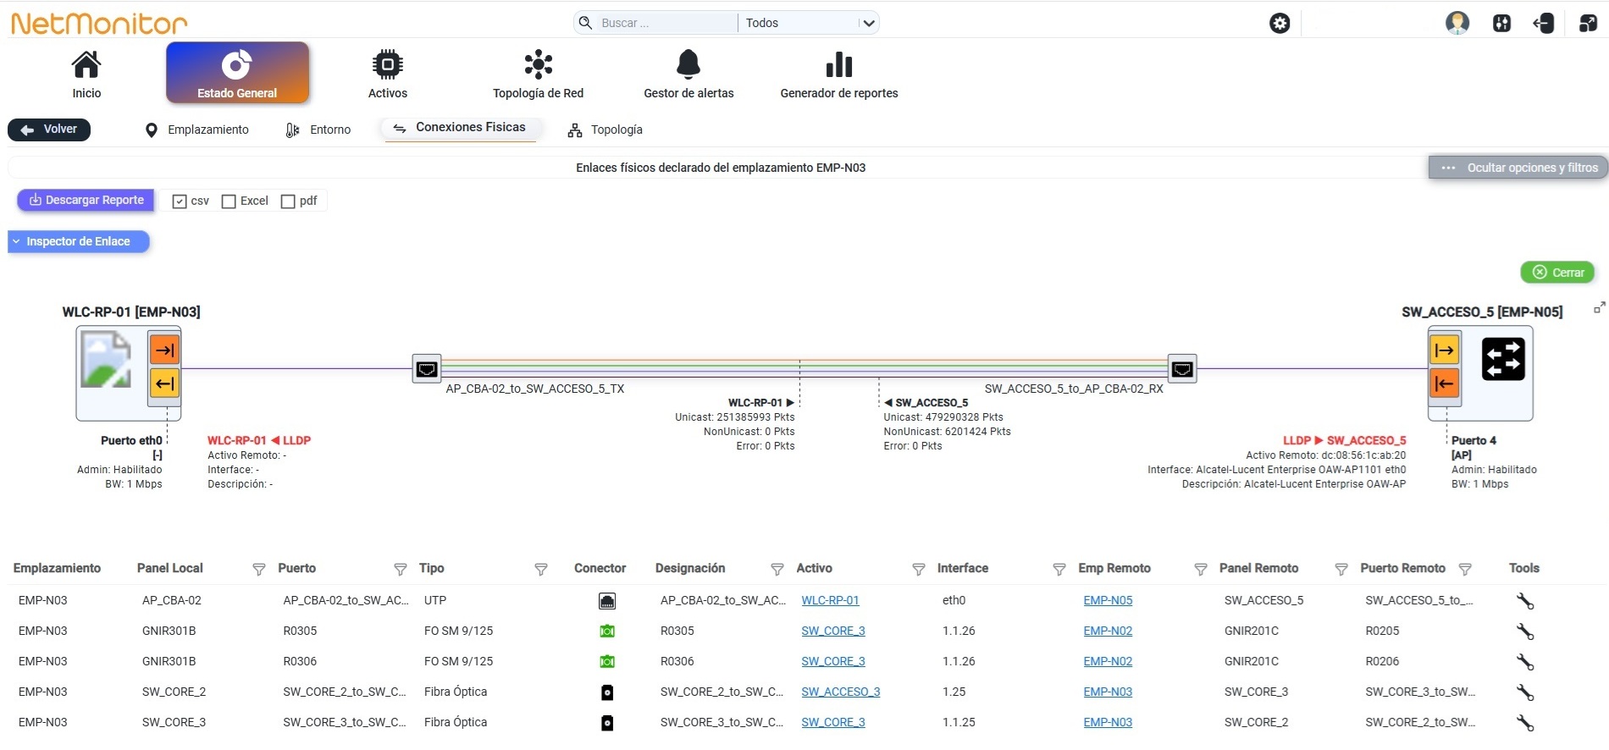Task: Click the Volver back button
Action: (x=49, y=130)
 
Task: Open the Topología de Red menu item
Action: (x=538, y=74)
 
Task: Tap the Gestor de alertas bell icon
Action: (x=688, y=63)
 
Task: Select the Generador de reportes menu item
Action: (x=838, y=74)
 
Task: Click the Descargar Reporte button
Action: (x=86, y=201)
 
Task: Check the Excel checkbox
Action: (x=229, y=201)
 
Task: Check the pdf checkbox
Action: (x=288, y=201)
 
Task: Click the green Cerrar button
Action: (x=1557, y=273)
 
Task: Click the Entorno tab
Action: (x=318, y=130)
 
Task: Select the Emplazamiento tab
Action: (x=196, y=130)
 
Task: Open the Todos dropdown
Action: (x=810, y=23)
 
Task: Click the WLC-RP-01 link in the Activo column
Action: (x=830, y=600)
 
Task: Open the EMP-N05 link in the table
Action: (x=1108, y=600)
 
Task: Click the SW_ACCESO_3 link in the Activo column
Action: (x=841, y=692)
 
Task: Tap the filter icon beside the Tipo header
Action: (x=541, y=570)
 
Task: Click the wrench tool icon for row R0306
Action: (x=1525, y=662)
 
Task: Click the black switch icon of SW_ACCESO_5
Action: (x=1503, y=359)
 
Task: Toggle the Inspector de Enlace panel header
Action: (x=79, y=242)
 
